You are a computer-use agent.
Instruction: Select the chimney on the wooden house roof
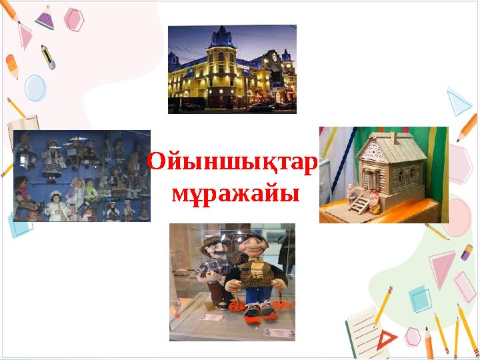point(393,137)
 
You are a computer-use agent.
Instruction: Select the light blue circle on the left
point(35,87)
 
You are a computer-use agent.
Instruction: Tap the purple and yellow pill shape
point(466,252)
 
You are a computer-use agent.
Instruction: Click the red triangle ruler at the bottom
point(386,341)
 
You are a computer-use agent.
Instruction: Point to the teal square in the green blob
point(421,299)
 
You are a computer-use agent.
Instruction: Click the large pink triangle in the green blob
point(441,267)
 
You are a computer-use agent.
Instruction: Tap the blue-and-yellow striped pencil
point(48,57)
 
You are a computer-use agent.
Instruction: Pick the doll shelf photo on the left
point(82,176)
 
